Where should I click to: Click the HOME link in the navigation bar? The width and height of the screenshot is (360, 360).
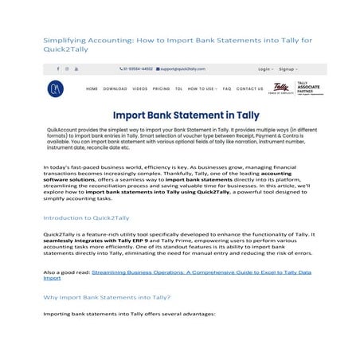click(92, 89)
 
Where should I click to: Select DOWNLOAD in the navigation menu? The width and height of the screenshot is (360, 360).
click(115, 89)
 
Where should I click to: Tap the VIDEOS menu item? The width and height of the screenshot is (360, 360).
click(140, 89)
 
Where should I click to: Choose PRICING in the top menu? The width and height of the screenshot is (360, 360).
click(161, 89)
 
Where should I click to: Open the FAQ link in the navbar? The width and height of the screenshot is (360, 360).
click(227, 89)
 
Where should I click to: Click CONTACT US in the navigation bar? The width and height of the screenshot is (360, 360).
click(250, 89)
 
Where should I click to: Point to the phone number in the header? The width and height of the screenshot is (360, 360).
click(136, 69)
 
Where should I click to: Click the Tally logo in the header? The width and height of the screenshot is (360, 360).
click(280, 88)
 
